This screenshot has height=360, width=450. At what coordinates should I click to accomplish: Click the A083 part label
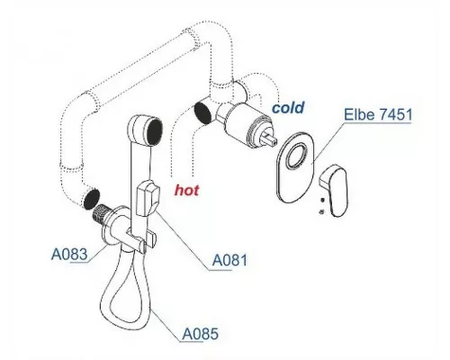(69, 255)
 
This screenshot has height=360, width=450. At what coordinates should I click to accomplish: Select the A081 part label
(229, 260)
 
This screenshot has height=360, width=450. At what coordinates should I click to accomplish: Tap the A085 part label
(201, 333)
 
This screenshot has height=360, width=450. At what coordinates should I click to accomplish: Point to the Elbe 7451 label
(378, 114)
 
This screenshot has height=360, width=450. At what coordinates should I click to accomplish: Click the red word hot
(186, 190)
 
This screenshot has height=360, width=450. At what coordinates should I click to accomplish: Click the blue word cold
(288, 107)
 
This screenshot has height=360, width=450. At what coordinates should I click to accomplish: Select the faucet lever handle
(334, 189)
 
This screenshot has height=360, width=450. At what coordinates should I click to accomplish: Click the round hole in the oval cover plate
(297, 155)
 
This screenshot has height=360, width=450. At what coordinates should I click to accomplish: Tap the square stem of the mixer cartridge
(270, 139)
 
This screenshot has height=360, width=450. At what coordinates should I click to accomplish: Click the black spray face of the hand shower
(155, 132)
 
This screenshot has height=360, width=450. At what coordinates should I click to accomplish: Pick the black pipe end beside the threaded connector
(91, 199)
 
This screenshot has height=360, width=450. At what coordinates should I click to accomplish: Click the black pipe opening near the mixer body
(202, 112)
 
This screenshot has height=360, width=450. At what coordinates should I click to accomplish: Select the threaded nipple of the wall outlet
(102, 213)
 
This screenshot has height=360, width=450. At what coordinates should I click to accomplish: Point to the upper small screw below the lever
(322, 200)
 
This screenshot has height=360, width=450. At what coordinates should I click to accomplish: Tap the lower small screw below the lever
(321, 211)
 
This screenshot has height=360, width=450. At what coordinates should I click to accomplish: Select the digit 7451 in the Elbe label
(395, 114)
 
